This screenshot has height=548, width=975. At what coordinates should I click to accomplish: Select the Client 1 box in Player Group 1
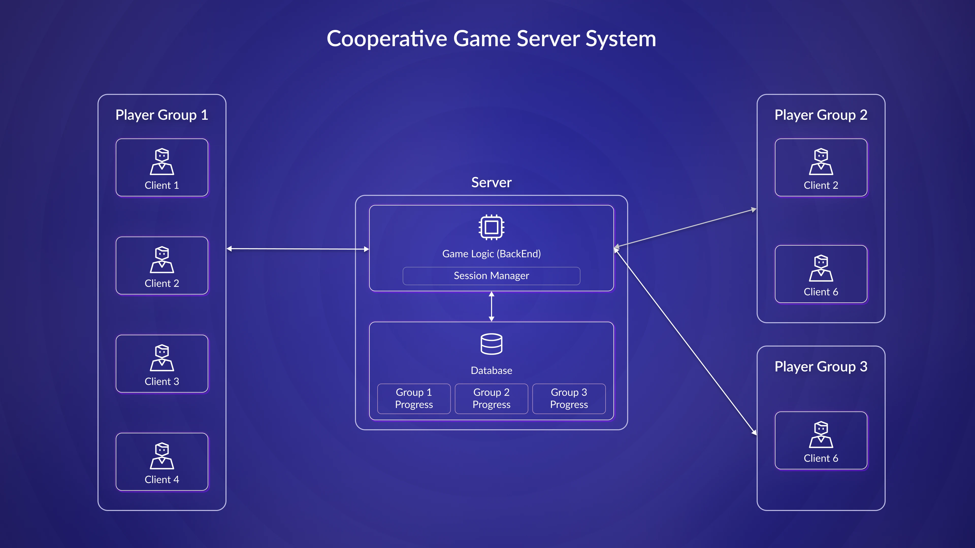[162, 167]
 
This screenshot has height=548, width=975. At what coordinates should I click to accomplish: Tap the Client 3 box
[162, 364]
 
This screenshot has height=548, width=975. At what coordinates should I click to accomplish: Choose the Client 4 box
[162, 461]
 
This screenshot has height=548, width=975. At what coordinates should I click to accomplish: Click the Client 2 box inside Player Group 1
[162, 265]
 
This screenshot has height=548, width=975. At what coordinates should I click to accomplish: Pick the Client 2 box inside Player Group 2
[821, 167]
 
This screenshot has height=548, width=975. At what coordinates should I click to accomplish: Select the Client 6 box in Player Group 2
[821, 274]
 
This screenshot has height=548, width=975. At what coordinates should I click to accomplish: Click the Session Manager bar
[491, 276]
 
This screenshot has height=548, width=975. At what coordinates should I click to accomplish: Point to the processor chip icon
[491, 227]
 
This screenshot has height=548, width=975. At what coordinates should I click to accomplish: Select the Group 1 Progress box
[414, 399]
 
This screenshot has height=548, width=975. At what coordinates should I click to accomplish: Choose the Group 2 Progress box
[491, 399]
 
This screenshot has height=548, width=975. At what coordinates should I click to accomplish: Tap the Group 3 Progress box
[569, 399]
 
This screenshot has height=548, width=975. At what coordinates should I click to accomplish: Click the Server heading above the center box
[491, 182]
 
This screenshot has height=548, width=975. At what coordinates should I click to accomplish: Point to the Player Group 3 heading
[821, 366]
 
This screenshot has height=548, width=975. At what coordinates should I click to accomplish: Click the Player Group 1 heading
[162, 115]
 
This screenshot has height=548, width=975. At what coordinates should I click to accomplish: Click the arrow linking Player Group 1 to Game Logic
[298, 249]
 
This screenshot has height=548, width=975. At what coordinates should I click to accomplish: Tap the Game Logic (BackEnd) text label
[491, 254]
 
